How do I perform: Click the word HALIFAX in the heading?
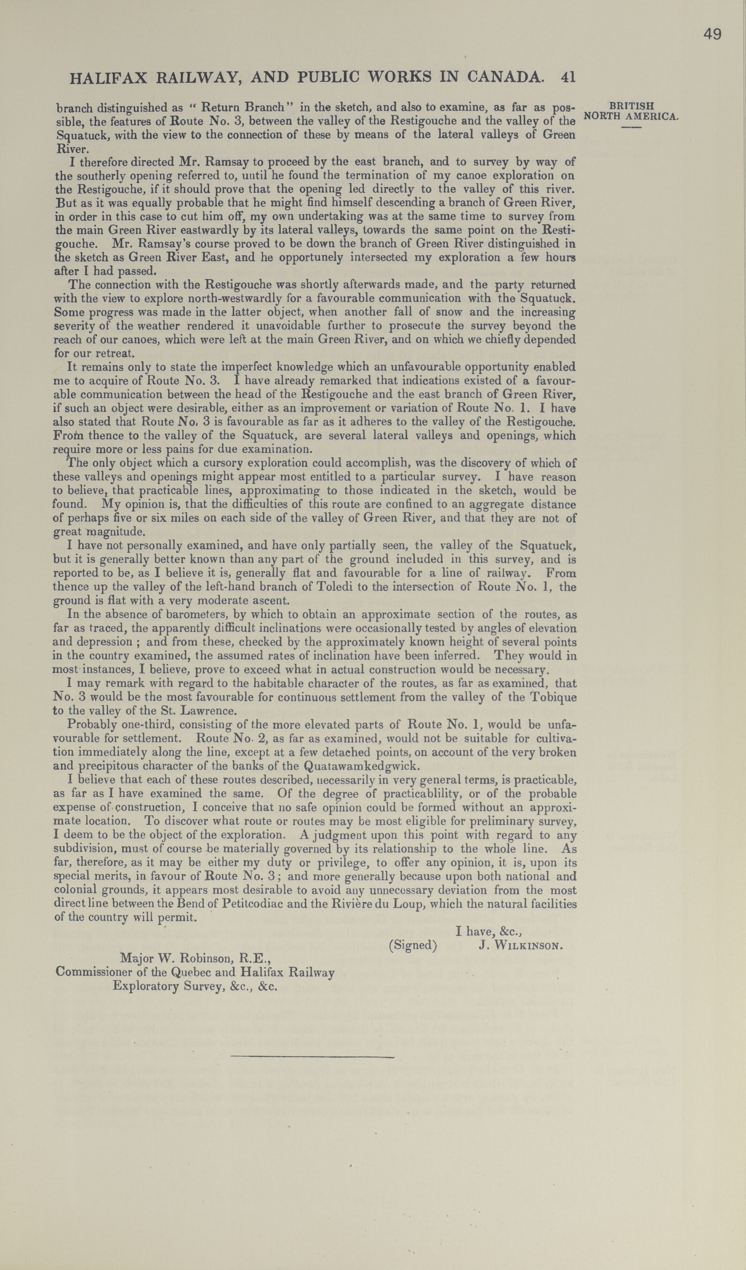(109, 77)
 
